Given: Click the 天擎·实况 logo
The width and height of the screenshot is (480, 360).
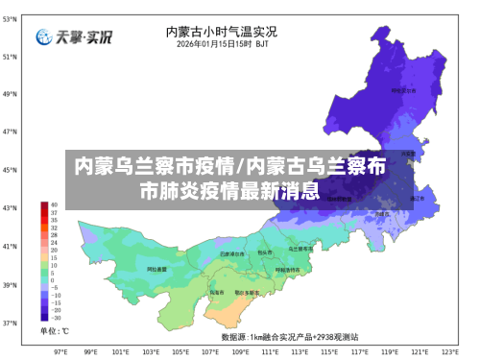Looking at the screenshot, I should point(74,37).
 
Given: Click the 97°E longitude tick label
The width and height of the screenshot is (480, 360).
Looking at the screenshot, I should point(60,351).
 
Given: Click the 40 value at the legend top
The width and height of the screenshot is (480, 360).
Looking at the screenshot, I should point(55,204).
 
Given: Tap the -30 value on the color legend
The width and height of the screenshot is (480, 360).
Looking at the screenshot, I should point(56,318).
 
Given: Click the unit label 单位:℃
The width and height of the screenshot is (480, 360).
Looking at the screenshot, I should point(54,331).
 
